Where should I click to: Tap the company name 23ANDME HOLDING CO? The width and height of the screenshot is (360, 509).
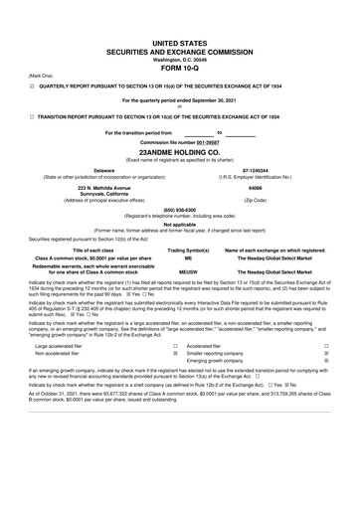180,153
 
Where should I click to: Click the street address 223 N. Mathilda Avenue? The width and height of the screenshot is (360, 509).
90,186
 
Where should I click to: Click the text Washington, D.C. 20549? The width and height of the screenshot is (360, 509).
180,59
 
